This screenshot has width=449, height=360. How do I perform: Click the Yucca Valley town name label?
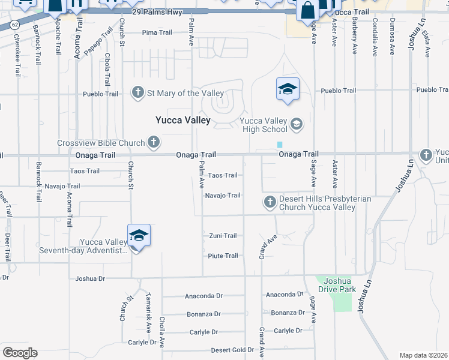pyautogui.click(x=183, y=120)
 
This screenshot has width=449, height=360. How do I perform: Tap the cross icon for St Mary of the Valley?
pyautogui.click(x=138, y=93)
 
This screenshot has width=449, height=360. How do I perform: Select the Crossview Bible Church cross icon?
pyautogui.click(x=154, y=143)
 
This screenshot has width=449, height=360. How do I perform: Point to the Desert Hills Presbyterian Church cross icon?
pyautogui.click(x=270, y=200)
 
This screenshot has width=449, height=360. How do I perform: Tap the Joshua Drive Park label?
pyautogui.click(x=340, y=285)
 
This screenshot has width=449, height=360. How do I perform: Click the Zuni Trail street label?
pyautogui.click(x=223, y=236)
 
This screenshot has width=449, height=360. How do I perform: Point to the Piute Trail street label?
pyautogui.click(x=223, y=256)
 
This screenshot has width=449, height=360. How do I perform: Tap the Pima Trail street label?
pyautogui.click(x=157, y=33)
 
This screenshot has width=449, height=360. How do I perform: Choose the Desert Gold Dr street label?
pyautogui.click(x=232, y=350)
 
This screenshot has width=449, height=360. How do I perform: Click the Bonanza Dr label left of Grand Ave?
pyautogui.click(x=203, y=314)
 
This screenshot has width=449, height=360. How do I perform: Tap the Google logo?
pyautogui.click(x=20, y=353)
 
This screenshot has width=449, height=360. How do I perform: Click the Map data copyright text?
pyautogui.click(x=423, y=355)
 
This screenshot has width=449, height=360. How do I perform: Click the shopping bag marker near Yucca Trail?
pyautogui.click(x=307, y=11)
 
